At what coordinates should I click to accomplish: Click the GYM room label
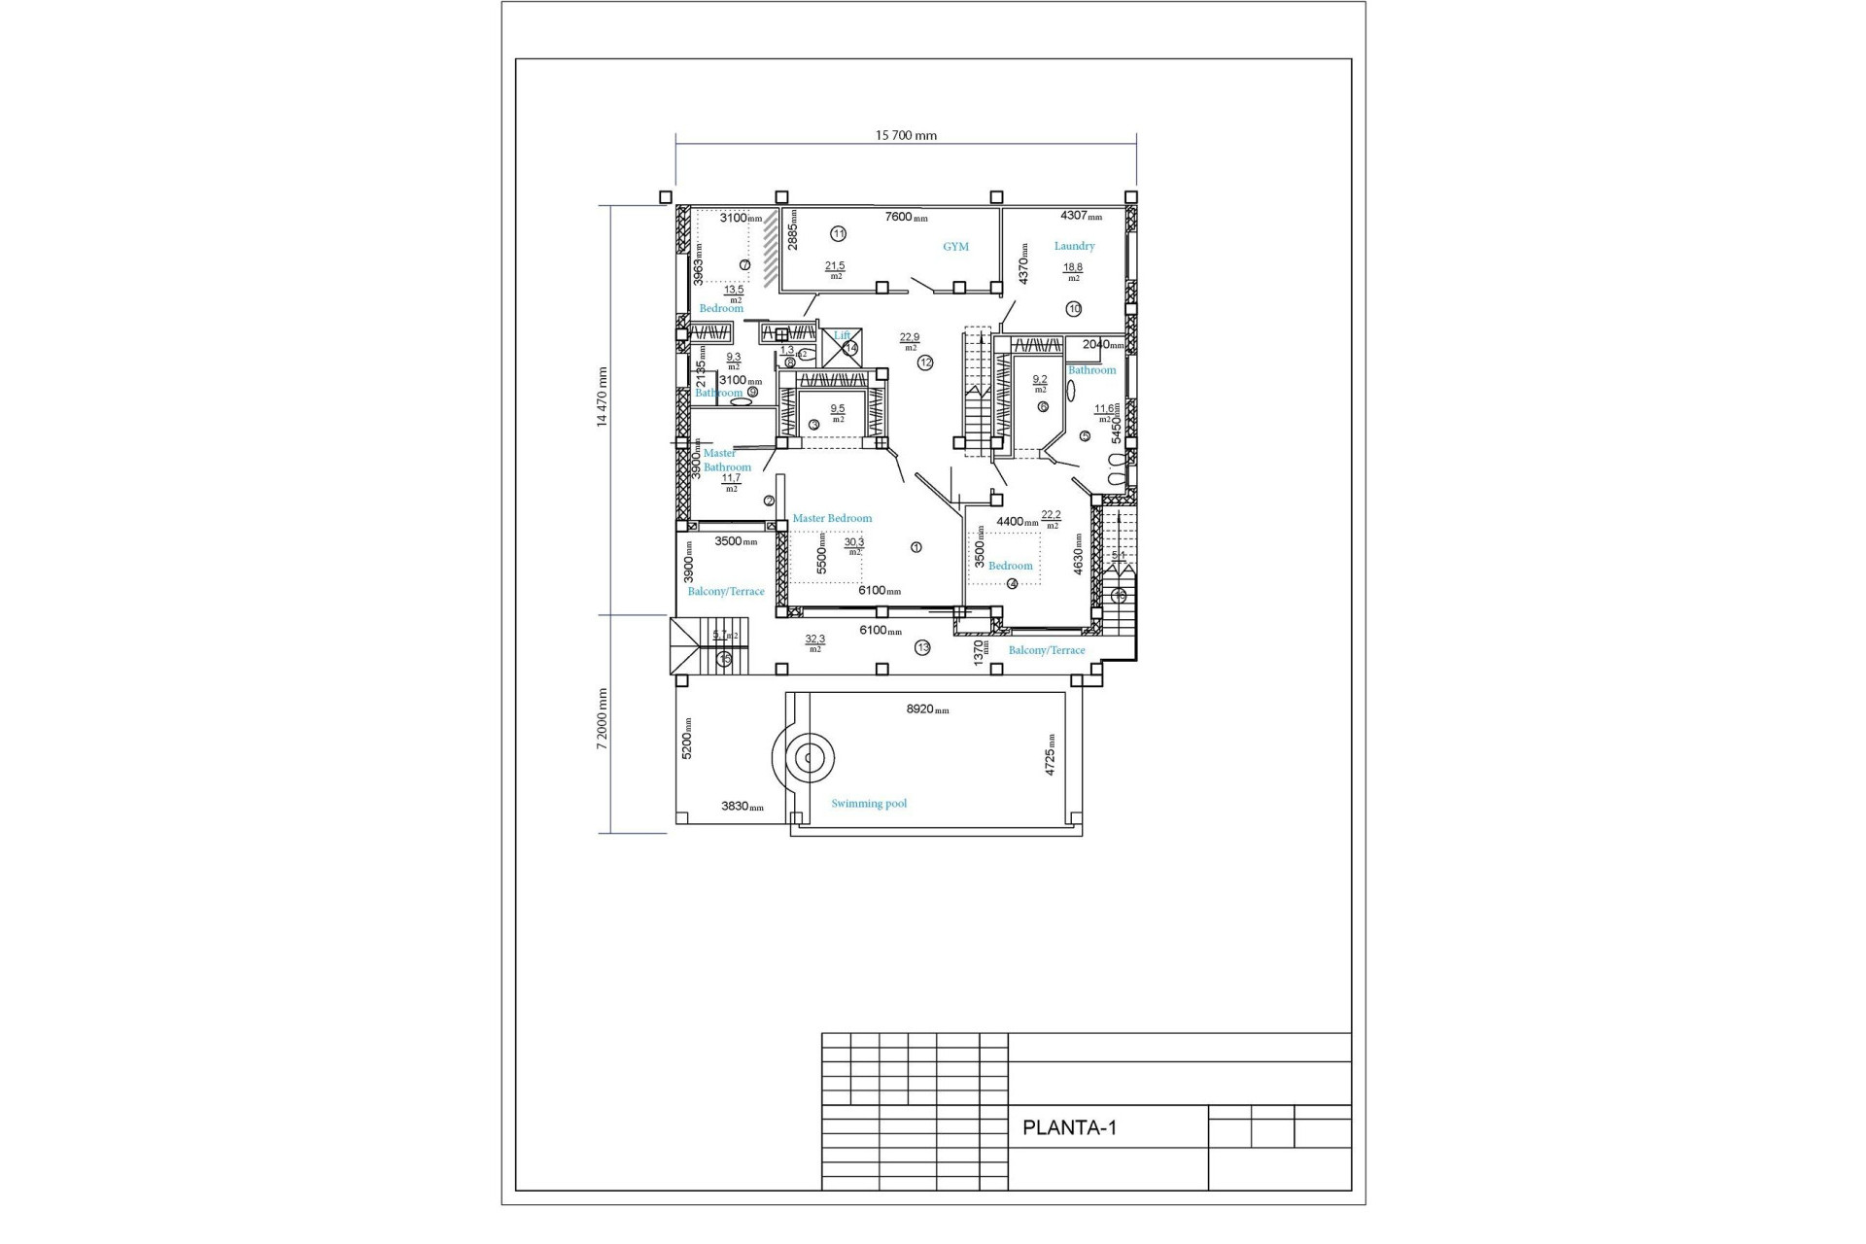coord(955,247)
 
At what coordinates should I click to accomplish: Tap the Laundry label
coord(1074,246)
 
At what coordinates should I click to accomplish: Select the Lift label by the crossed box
coord(841,335)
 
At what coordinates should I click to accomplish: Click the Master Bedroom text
coord(832,518)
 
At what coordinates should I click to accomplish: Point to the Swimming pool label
coord(869,804)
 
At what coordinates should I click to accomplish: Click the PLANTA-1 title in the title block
coord(1069,1127)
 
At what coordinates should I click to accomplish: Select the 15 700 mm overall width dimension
coord(906,135)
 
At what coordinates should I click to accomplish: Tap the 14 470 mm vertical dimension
coord(602,397)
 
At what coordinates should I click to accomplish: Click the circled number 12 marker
coord(925,363)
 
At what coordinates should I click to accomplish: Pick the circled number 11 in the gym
coord(839,233)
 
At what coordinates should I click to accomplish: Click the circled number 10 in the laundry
coord(1074,309)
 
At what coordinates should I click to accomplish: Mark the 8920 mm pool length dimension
coord(927,709)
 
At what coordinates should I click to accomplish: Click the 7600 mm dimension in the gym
coord(905,217)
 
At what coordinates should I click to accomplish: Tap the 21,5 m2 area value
coord(835,268)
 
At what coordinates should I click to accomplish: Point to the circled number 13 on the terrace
coord(922,647)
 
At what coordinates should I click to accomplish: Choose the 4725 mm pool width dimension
coord(1050,754)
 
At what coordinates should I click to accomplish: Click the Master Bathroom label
coord(726,460)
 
